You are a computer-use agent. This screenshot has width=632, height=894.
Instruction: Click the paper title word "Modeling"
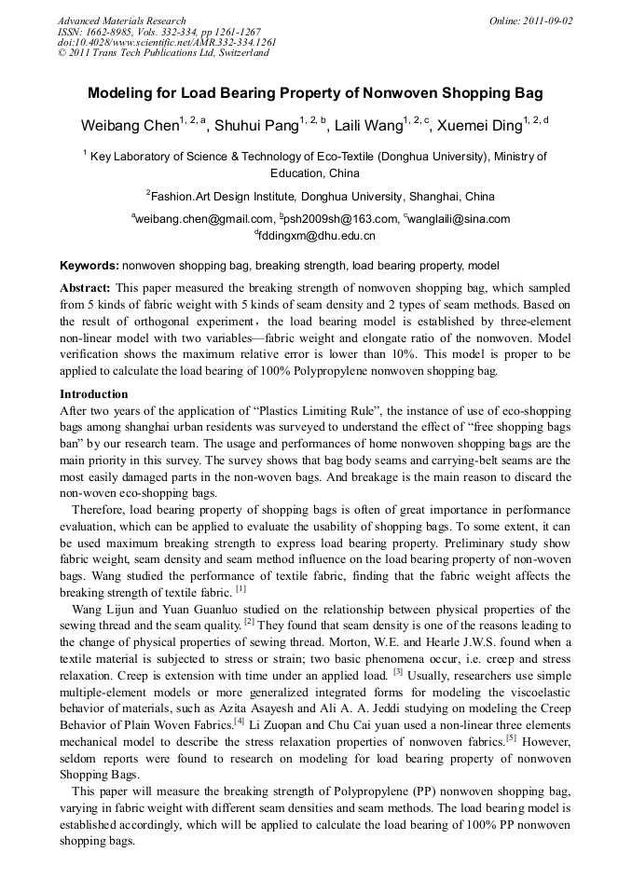pos(121,94)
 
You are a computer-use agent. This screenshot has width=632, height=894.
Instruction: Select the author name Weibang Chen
pos(130,125)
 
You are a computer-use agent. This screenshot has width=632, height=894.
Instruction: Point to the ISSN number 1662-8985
pos(107,32)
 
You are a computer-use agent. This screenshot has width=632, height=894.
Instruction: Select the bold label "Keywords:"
pos(89,266)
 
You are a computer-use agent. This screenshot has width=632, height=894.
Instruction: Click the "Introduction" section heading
pos(93,394)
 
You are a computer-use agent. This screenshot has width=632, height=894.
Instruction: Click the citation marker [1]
pos(240,589)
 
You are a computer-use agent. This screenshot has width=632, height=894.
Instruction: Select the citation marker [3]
pos(398,670)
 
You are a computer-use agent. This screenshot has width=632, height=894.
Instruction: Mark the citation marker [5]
pos(510,737)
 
